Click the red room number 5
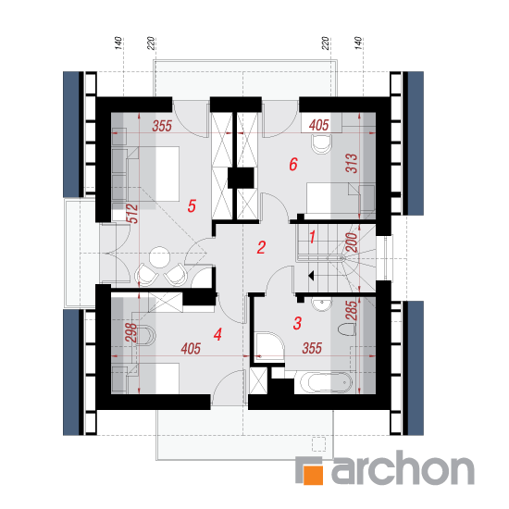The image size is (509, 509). (192, 205)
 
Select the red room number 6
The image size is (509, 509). (293, 164)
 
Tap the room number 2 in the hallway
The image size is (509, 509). (261, 247)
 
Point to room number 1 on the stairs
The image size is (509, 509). (312, 237)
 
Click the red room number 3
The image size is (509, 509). (297, 323)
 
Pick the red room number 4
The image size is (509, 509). (217, 334)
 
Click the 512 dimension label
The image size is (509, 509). (132, 213)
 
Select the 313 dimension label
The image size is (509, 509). (352, 163)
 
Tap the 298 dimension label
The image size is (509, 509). (131, 332)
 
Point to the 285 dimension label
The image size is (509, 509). (352, 311)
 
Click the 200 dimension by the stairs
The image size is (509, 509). (352, 242)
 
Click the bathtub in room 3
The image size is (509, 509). (326, 382)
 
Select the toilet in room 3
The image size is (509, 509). (347, 329)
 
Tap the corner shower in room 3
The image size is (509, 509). (269, 347)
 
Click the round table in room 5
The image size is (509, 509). (159, 257)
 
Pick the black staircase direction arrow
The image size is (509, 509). (311, 276)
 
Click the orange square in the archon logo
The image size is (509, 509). (313, 476)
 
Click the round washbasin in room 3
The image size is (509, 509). (322, 304)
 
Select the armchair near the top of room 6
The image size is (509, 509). (322, 143)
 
